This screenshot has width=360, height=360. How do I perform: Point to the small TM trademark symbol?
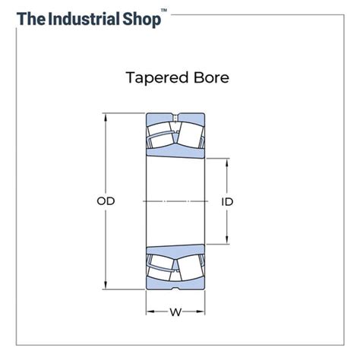pos(164,11)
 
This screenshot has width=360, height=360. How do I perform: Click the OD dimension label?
pos(106,201)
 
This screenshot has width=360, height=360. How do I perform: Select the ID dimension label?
pos(227,201)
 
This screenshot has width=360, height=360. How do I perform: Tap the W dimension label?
pos(175,311)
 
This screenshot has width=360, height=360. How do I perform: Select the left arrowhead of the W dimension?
pos(149,311)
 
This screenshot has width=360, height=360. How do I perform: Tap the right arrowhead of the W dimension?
pos(202,311)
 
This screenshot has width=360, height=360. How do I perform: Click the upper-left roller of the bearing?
pos(162,137)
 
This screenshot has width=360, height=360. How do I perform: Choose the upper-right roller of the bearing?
pos(189,137)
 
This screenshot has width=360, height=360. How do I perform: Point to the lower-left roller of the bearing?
pos(162,266)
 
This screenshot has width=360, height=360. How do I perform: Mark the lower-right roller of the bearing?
pos(189,266)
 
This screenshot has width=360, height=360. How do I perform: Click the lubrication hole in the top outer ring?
pos(175,117)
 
